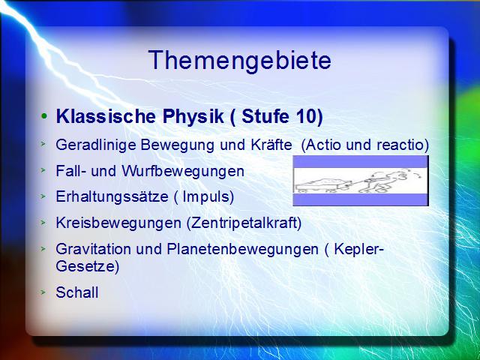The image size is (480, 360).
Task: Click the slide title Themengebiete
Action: (239, 61)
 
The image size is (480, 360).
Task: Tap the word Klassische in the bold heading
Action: (106, 116)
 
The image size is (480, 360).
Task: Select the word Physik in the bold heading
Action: (193, 117)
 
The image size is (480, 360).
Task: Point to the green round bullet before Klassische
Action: (44, 116)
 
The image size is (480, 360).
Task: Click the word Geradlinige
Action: (96, 145)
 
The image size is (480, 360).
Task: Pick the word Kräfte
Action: (271, 145)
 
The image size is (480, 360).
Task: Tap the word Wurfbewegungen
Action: (183, 171)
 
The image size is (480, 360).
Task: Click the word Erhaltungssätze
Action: (112, 196)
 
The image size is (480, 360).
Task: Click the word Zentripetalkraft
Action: (244, 223)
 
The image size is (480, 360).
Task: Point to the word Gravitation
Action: (93, 249)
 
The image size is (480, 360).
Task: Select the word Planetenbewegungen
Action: (243, 250)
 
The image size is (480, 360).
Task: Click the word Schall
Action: (77, 292)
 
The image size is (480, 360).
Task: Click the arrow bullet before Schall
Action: (43, 292)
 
